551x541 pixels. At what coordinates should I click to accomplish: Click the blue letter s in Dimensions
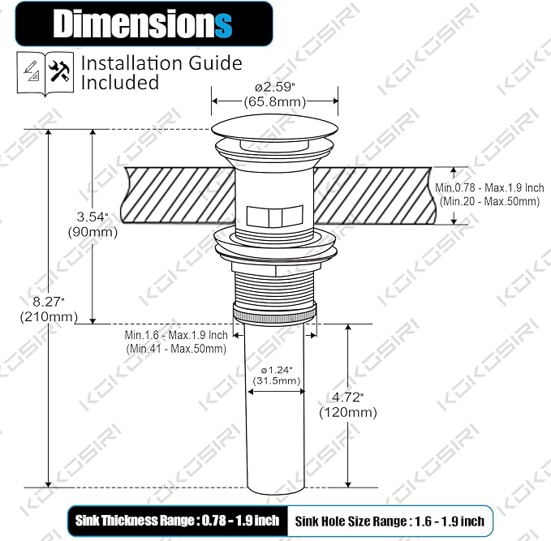(223, 25)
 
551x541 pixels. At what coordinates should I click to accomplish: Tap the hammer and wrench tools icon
(59, 71)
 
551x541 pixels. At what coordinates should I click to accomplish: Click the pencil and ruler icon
(31, 71)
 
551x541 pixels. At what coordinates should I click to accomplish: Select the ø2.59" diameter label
(275, 87)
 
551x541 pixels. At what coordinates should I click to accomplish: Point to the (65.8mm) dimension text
(275, 102)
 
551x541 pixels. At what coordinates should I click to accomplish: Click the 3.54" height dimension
(92, 217)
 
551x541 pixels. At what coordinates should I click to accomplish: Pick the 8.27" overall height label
(48, 302)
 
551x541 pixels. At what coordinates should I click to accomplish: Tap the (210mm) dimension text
(49, 317)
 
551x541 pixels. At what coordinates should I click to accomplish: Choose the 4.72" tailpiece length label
(347, 397)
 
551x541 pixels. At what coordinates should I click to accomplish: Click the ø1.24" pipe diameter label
(277, 370)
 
